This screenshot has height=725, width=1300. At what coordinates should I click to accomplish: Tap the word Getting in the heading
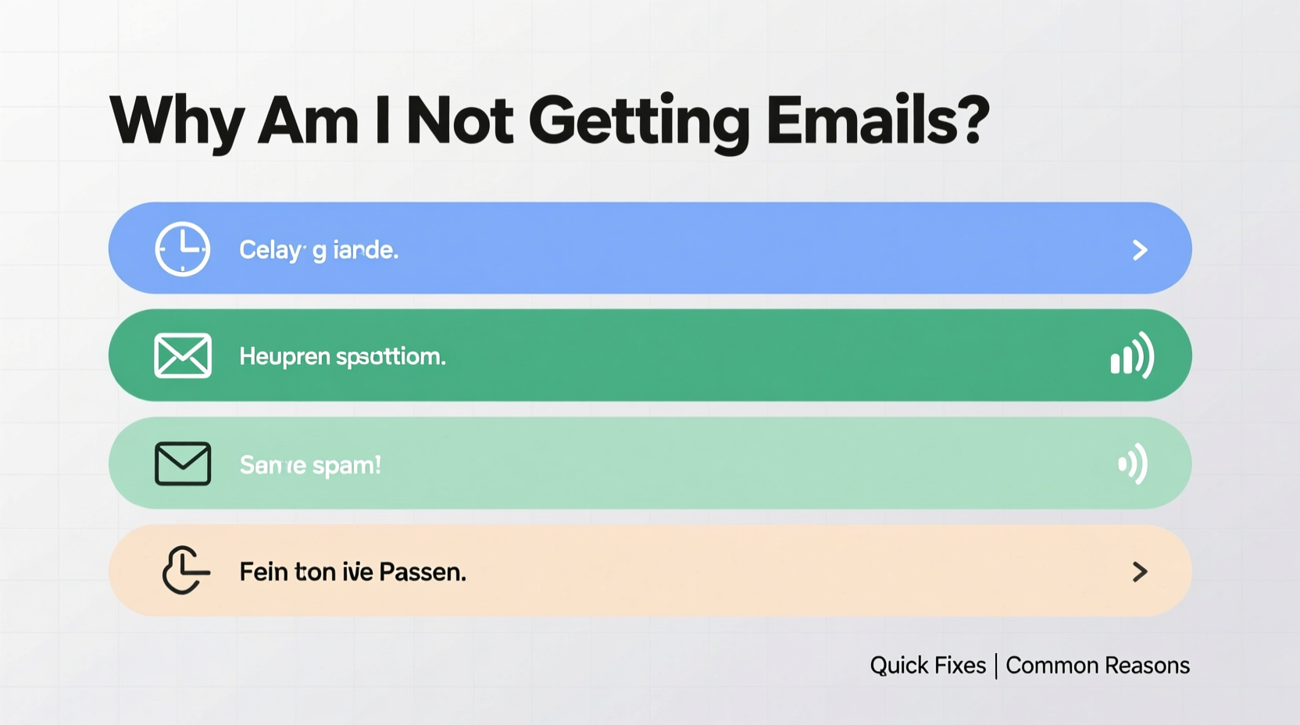[x=638, y=123]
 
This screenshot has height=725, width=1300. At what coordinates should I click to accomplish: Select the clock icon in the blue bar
[x=183, y=249]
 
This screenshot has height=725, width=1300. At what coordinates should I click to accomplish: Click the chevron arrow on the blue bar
[x=1140, y=250]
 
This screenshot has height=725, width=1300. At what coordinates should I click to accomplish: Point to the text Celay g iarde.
[x=319, y=250]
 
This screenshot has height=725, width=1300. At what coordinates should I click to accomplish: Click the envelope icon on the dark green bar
[x=183, y=355]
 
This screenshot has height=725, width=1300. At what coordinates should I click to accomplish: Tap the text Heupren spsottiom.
[x=342, y=357]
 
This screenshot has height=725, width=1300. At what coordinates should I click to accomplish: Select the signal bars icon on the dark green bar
[x=1132, y=356]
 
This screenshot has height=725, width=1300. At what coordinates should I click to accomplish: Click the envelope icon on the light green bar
[x=183, y=463]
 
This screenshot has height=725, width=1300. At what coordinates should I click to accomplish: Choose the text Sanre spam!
[x=310, y=465]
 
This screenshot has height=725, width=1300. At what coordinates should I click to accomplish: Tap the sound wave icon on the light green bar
[x=1133, y=464]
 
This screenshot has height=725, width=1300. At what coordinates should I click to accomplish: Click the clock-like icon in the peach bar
[x=184, y=570]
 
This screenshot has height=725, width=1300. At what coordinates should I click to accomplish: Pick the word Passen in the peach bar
[x=422, y=572]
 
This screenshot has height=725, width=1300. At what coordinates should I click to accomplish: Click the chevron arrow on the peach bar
[x=1140, y=572]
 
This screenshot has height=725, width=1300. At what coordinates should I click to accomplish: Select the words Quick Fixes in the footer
[x=927, y=666]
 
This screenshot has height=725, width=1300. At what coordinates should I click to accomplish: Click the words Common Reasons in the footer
[x=1097, y=666]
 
